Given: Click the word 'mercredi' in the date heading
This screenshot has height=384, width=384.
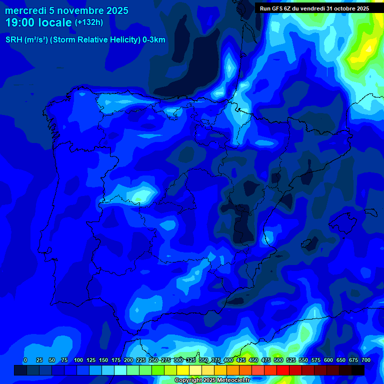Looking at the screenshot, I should coord(25,10).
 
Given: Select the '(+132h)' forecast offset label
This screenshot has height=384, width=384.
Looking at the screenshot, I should coord(89,22).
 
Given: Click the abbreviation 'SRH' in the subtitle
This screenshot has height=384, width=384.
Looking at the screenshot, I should coord(14,40).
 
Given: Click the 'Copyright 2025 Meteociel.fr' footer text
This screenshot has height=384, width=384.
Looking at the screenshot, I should coord(212,380).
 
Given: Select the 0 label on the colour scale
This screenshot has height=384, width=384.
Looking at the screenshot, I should coord(25,360).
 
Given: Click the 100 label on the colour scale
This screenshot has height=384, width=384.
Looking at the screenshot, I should coord(78,360).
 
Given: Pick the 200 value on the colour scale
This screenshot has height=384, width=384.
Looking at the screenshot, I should coord(128,360).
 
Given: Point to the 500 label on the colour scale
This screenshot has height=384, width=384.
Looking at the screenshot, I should coord(278,360).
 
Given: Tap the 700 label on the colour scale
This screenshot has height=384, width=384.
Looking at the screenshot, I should coord(366,360).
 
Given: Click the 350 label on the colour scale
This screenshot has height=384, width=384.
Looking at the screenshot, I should coord(203,360).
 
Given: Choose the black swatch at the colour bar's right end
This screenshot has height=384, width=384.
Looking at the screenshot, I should coord(358,370).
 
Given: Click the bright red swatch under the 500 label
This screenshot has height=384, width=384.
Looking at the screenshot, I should coord(283,370).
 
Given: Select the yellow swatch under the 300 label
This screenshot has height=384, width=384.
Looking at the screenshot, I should coord(183,370).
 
